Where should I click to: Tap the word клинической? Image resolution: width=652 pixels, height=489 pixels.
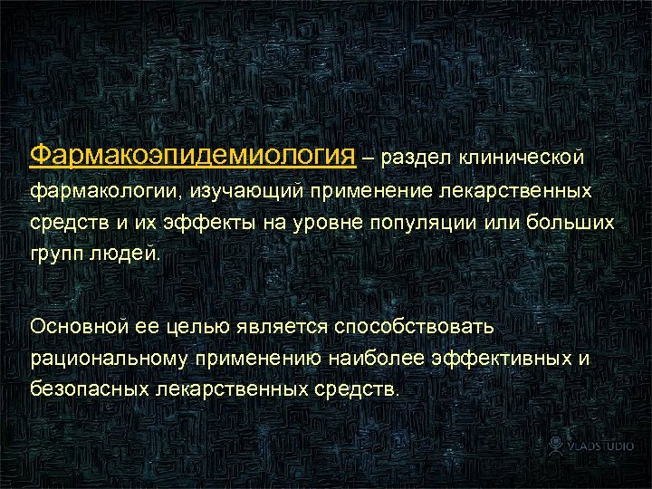tap(530, 158)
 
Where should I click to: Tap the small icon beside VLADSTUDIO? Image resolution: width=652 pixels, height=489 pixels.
tap(558, 446)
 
